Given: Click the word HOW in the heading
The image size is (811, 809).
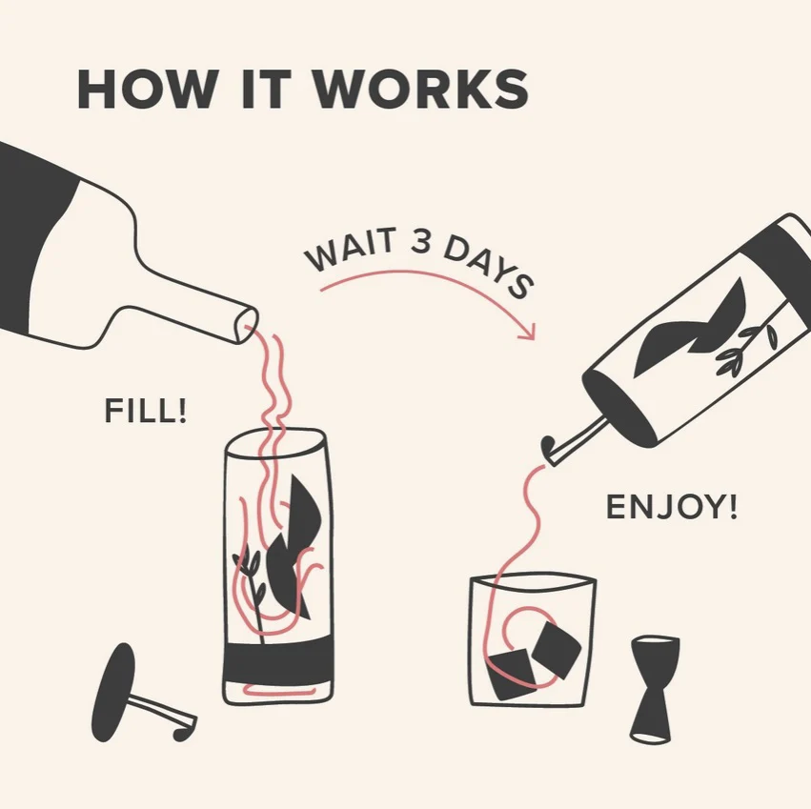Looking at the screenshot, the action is pyautogui.click(x=147, y=88).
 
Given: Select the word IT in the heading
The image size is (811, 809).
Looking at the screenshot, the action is pyautogui.click(x=267, y=88).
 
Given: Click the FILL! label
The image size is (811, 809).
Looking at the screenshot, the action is pyautogui.click(x=145, y=411).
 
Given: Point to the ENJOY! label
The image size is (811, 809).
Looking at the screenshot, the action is pyautogui.click(x=671, y=507).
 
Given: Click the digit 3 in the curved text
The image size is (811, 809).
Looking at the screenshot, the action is pyautogui.click(x=421, y=242).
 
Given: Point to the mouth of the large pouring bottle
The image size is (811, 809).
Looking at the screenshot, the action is pyautogui.click(x=246, y=325).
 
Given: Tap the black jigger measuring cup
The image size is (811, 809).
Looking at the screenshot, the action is pyautogui.click(x=655, y=690).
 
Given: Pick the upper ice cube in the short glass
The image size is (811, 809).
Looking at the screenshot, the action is pyautogui.click(x=557, y=650).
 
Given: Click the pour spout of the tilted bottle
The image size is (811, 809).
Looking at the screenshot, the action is pyautogui.click(x=574, y=441).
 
